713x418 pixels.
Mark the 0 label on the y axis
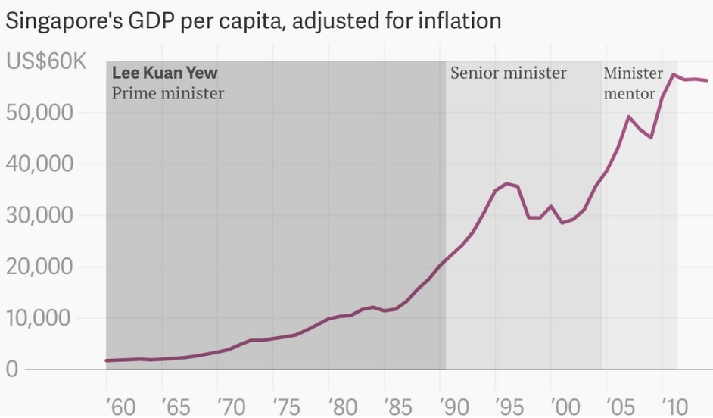11,370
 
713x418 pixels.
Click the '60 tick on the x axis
117,405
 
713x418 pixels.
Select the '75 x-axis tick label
285,405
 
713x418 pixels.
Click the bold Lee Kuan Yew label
164,73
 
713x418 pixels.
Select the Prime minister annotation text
168,94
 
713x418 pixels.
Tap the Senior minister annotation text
508,73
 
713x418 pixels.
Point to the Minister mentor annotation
632,83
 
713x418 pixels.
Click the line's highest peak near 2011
674,74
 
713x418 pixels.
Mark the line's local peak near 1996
507,183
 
